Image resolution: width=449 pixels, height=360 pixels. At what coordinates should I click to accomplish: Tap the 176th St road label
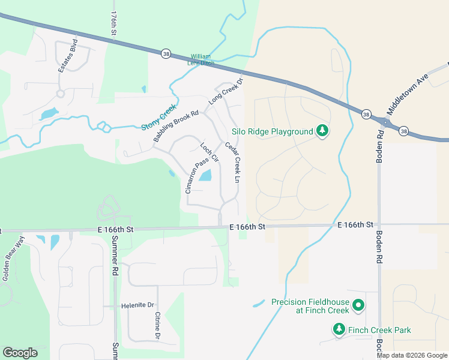click(113, 25)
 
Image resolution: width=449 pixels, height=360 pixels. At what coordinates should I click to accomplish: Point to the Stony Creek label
click(160, 118)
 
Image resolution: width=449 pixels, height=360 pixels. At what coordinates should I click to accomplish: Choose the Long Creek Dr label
click(225, 92)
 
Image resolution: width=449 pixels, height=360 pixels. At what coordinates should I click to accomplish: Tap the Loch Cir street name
click(209, 154)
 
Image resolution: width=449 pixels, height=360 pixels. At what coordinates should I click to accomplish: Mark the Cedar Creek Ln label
click(232, 162)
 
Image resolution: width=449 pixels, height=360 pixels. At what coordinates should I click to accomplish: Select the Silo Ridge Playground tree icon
click(322, 131)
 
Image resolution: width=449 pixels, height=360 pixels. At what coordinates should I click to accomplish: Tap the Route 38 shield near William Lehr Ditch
click(166, 54)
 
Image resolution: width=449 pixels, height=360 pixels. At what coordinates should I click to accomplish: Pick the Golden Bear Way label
click(13, 259)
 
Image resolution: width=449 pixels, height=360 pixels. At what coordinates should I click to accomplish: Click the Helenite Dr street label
click(137, 305)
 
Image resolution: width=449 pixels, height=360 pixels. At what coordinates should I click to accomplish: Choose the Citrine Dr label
click(157, 325)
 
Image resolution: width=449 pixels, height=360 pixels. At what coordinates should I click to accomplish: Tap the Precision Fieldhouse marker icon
click(358, 307)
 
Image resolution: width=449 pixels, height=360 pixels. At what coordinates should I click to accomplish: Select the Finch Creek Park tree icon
click(339, 329)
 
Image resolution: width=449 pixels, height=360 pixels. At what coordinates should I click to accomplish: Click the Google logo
click(20, 353)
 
